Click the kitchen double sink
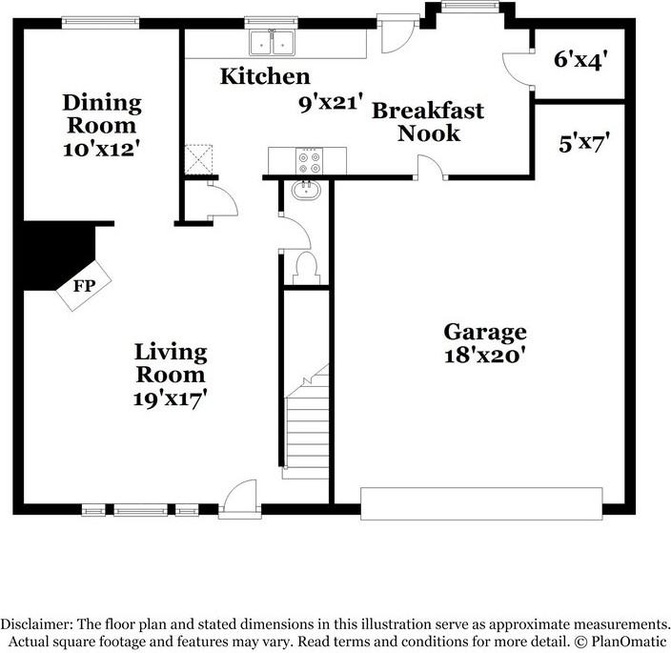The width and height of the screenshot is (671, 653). coord(272,43)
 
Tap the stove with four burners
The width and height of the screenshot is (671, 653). coord(309,158)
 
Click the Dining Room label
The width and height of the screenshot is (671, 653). coord(102,113)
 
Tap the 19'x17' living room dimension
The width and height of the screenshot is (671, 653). coord(171,398)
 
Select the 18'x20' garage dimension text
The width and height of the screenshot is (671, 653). coord(485,357)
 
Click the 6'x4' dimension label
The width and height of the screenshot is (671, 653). coord(580,59)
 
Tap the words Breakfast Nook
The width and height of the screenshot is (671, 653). coord(428,121)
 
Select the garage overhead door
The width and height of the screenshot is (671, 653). coord(481,501)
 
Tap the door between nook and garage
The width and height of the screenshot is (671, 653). coord(431,169)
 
